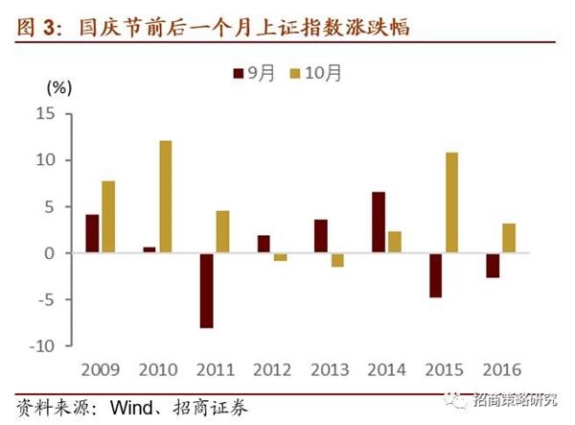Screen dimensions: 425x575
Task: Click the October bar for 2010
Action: (166, 197)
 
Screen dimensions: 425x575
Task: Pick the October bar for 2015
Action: (450, 202)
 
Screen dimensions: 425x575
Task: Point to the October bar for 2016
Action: (508, 238)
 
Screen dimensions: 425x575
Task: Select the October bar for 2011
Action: (222, 231)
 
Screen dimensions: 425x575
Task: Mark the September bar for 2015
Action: (435, 275)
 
